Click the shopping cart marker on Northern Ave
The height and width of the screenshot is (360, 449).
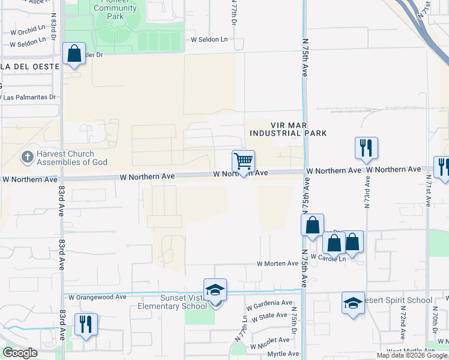[243, 161]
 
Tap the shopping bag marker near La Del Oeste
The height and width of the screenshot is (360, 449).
[74, 54]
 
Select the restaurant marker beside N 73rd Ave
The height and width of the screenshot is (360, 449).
[366, 148]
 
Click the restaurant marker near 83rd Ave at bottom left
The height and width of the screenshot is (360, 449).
[85, 325]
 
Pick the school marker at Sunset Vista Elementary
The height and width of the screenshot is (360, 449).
[215, 291]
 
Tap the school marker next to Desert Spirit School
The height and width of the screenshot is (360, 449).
[353, 302]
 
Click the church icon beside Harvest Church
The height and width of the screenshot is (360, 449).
[27, 158]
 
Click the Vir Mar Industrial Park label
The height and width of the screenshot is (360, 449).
[288, 128]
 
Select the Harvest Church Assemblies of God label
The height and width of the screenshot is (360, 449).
[72, 158]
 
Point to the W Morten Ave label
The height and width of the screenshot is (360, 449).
[277, 263]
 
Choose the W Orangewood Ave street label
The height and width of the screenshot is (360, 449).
[97, 296]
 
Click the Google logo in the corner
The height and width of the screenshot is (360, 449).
[20, 353]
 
